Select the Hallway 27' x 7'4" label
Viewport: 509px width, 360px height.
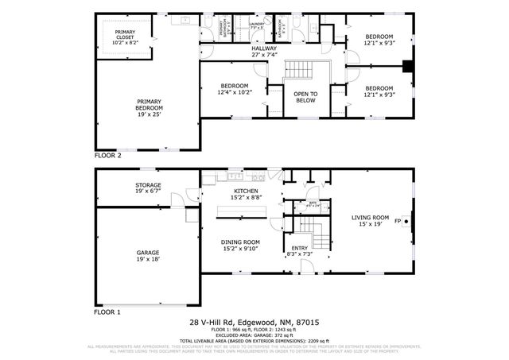tap(264, 51)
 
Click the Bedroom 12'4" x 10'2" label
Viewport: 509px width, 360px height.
tap(235, 89)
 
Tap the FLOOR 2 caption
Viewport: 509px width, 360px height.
tap(108, 156)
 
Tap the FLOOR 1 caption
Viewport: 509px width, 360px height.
tap(108, 312)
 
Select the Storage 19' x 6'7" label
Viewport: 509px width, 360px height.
tap(148, 188)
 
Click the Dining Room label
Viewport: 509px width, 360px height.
tap(240, 245)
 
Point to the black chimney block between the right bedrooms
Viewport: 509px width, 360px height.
tap(408, 67)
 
